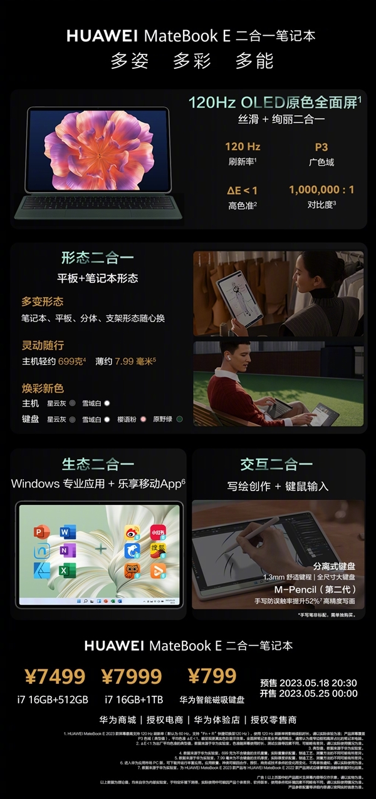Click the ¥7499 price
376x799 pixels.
tap(55, 676)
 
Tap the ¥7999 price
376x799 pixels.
tap(131, 676)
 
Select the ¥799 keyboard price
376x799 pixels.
tap(212, 676)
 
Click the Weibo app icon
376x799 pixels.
tap(132, 532)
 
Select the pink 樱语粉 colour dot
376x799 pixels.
tap(143, 419)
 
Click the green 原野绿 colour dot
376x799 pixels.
tap(179, 419)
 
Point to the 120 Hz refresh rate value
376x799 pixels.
tap(243, 146)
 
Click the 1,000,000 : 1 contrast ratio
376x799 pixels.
tap(321, 190)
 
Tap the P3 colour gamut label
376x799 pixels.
tap(321, 146)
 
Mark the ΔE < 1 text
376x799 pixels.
tap(242, 190)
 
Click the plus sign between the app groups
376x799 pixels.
tap(100, 551)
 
